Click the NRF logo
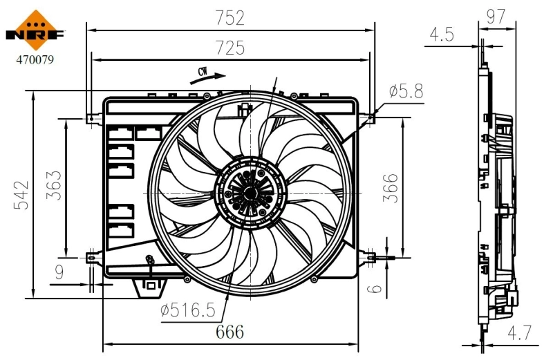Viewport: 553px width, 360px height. tap(35, 30)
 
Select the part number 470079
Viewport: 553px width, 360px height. tap(35, 60)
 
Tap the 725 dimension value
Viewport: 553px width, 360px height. tap(230, 48)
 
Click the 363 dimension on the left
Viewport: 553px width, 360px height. tap(53, 185)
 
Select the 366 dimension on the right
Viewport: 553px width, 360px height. tap(391, 187)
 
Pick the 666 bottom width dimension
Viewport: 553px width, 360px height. tap(229, 332)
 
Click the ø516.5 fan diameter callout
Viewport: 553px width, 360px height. tap(188, 311)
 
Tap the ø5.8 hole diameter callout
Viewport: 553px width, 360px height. tap(406, 90)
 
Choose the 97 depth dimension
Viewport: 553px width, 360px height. tap(496, 17)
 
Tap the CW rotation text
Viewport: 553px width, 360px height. tap(203, 72)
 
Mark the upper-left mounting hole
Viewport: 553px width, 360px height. tap(91, 119)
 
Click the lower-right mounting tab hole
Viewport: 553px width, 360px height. tap(373, 258)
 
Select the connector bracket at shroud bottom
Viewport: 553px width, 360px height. tap(148, 287)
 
